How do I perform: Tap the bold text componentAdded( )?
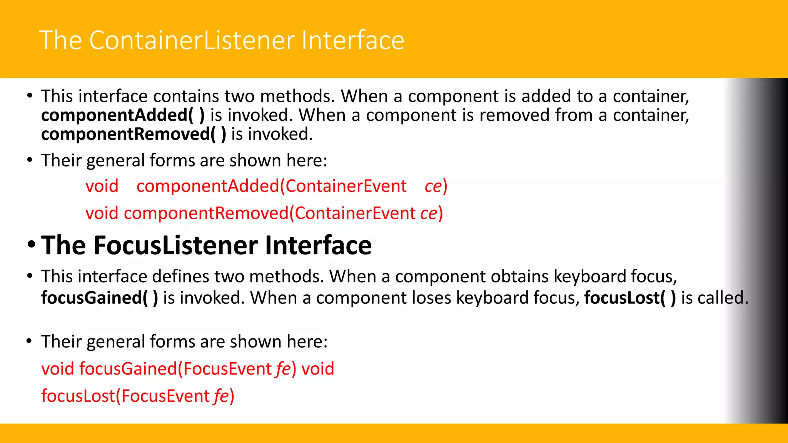click(x=123, y=115)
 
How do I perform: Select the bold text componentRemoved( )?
click(x=134, y=134)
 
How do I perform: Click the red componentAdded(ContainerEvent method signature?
click(x=271, y=186)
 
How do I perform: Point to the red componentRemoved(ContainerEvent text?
click(x=269, y=213)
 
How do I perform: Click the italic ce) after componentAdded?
click(x=436, y=186)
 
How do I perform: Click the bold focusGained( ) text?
click(x=99, y=298)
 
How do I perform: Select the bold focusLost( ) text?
click(x=630, y=298)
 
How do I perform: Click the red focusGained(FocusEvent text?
click(x=175, y=369)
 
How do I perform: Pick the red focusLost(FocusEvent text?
click(x=125, y=396)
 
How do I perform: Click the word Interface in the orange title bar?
click(x=352, y=40)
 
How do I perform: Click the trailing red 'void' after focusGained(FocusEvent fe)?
click(x=318, y=369)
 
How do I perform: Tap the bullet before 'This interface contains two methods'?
click(x=30, y=96)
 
